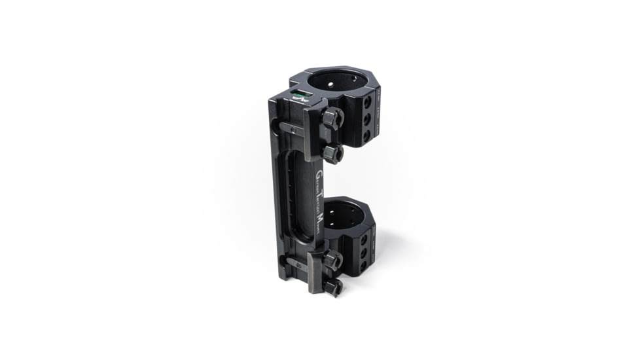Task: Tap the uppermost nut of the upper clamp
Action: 332,118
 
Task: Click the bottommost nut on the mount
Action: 332,286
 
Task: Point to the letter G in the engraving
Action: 319,175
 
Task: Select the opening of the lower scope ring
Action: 342,215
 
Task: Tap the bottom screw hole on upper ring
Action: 366,135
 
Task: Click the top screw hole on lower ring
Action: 364,239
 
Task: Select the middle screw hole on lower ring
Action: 364,253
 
